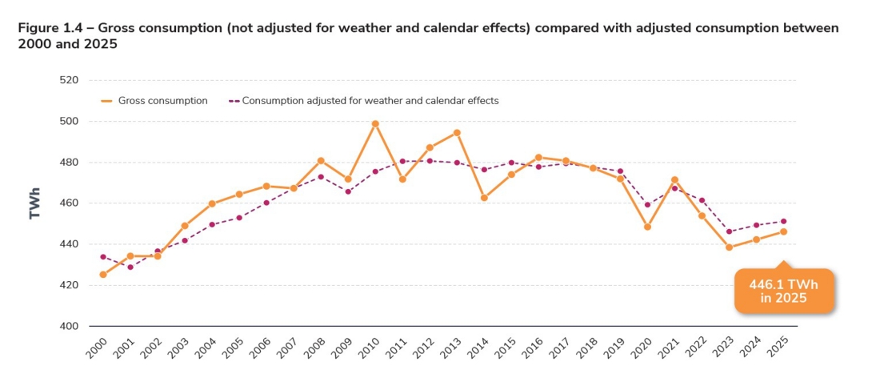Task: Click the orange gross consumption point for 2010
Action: point(375,124)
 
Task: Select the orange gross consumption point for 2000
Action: point(103,275)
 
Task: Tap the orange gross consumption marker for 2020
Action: point(647,227)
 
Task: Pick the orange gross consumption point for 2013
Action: point(457,133)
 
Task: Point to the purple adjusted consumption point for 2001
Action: point(130,267)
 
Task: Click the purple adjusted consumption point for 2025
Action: point(783,221)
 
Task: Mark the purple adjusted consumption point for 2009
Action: point(348,191)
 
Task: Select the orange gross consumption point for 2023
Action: point(729,247)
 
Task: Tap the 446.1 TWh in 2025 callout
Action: point(783,291)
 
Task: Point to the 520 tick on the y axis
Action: point(68,80)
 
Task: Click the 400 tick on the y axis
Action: point(68,326)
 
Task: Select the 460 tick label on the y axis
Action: point(68,203)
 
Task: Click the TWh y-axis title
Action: point(34,203)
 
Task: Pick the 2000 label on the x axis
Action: point(96,348)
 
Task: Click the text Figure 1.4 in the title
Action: point(52,28)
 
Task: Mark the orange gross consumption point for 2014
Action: point(484,198)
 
